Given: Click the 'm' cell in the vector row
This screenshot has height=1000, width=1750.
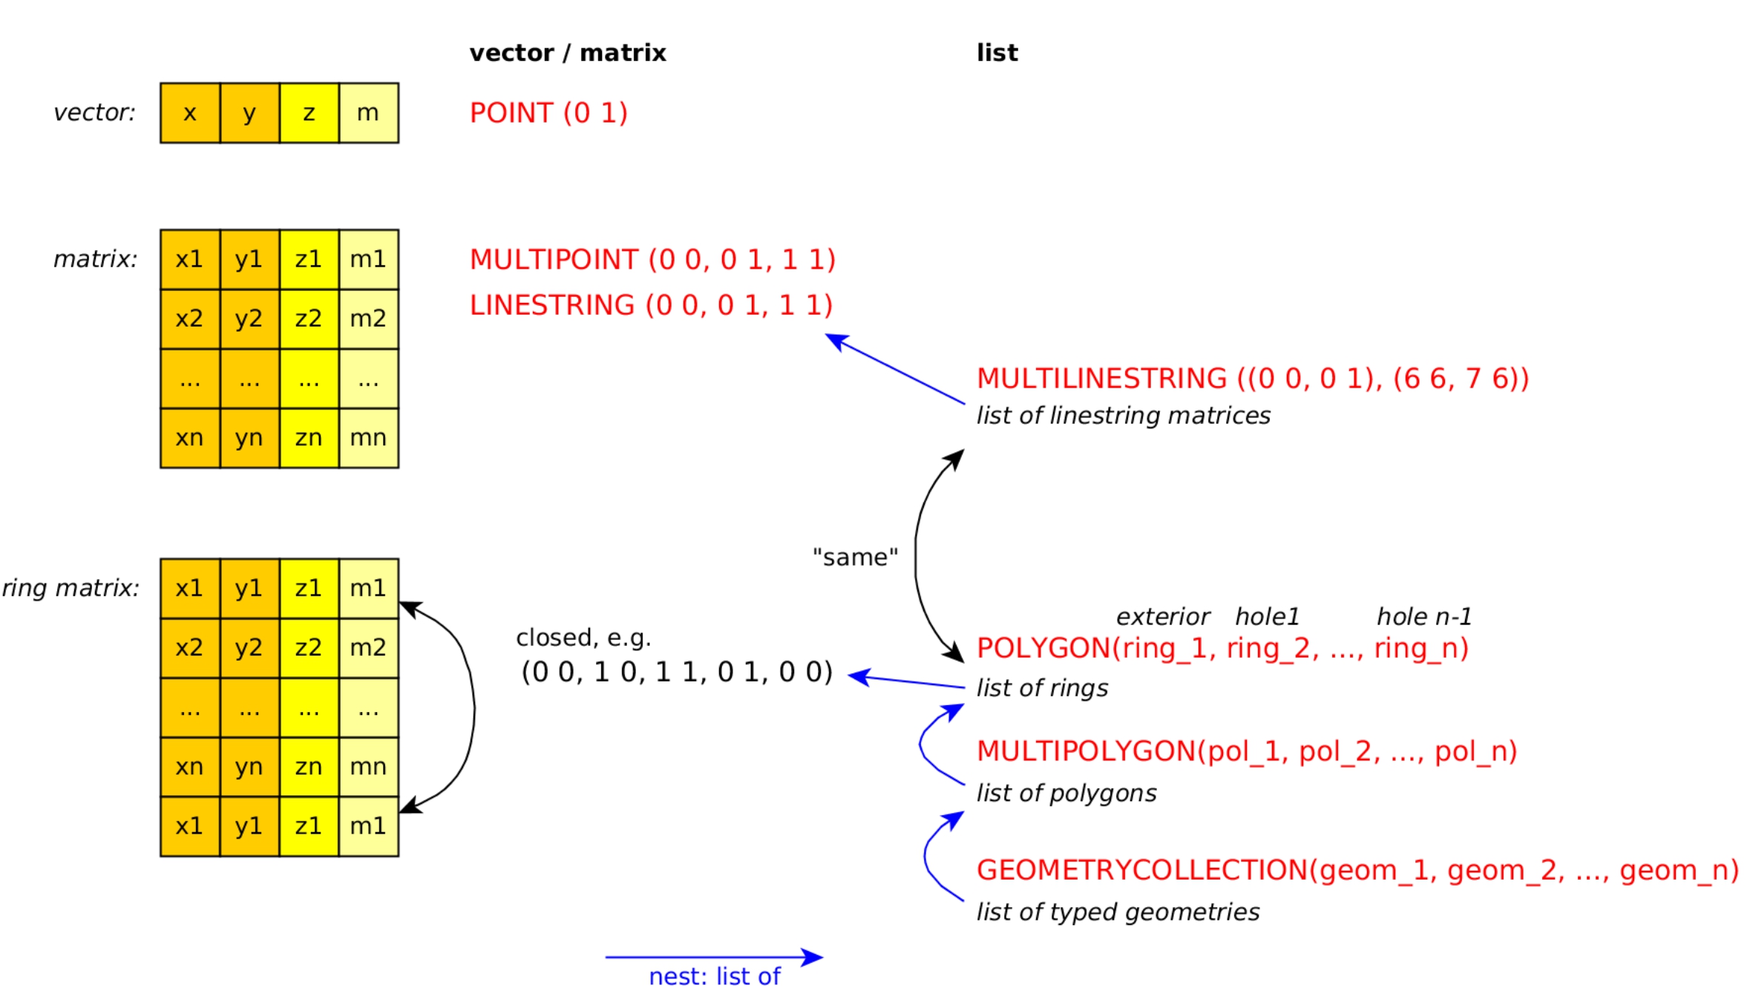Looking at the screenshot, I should pos(368,113).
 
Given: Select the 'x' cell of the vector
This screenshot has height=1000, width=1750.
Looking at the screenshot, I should pos(190,113).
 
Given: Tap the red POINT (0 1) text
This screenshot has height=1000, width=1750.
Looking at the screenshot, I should pos(548,113).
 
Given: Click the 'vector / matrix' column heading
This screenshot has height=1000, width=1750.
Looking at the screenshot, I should pos(568,53).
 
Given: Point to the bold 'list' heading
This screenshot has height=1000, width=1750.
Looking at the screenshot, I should pos(997,53).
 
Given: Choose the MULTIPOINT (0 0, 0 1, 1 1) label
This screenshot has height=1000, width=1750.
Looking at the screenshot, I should pos(652,260).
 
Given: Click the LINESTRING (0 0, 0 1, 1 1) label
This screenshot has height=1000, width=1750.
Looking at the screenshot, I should pos(651,305).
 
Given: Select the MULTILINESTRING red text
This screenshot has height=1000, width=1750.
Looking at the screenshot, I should pos(1252,379).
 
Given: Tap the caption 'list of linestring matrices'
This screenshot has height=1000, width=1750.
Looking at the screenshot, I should pos(1123,416).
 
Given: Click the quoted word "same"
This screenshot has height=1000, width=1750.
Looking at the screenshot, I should pos(855,557).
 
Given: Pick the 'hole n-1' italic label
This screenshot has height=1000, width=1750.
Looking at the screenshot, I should pos(1423,616).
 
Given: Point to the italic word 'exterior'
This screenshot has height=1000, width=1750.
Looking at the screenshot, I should pos(1163,616).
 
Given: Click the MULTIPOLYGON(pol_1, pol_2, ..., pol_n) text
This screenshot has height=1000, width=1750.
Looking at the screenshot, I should pos(1246,751).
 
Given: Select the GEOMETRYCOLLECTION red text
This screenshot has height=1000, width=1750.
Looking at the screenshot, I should pos(1357,870).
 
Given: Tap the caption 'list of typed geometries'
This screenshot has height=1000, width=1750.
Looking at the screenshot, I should pos(1118,912).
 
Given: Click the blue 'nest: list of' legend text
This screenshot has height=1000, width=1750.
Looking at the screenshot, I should pos(714,976).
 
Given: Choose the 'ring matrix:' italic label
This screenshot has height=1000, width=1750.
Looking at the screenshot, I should pos(71,588).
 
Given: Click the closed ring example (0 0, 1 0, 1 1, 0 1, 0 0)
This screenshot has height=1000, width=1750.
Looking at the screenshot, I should pos(677,672).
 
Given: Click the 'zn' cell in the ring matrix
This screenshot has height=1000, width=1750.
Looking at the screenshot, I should pos(309,766).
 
